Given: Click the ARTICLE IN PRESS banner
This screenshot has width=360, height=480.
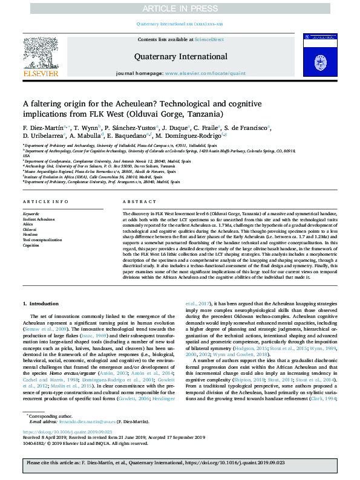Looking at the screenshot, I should pyautogui.click(x=180, y=8).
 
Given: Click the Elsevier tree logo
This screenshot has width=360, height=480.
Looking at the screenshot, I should pyautogui.click(x=41, y=57).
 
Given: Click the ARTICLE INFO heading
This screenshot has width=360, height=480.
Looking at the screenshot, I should pyautogui.click(x=46, y=202).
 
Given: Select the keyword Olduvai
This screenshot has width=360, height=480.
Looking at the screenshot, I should pyautogui.click(x=30, y=230).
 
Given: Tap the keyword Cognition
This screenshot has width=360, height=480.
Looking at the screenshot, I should pyautogui.click(x=31, y=245).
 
